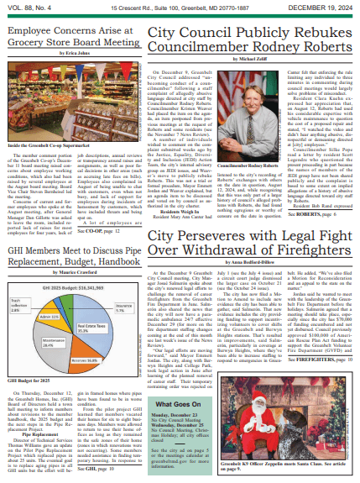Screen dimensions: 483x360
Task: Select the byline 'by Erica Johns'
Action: [71, 53]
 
